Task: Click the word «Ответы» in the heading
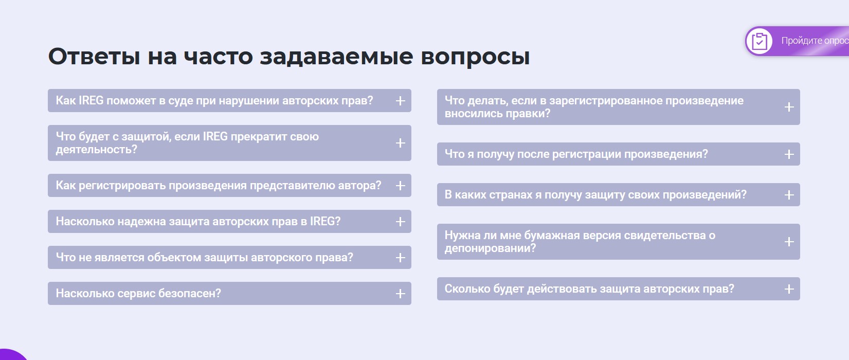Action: click(94, 57)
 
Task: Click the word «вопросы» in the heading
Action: click(475, 58)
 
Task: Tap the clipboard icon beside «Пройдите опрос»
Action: click(760, 41)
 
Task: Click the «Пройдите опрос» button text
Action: click(815, 41)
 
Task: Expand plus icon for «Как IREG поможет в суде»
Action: click(400, 101)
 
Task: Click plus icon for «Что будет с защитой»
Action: click(400, 143)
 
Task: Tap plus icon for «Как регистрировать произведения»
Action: click(400, 186)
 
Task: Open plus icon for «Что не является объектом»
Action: click(400, 258)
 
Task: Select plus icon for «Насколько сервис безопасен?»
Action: click(400, 294)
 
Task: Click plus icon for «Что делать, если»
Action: click(789, 107)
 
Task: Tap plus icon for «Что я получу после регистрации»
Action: click(789, 154)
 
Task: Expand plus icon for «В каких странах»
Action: click(789, 195)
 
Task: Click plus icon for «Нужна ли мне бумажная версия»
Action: click(789, 242)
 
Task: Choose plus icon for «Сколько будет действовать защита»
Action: click(789, 289)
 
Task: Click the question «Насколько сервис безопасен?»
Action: click(138, 293)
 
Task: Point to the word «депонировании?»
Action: click(491, 248)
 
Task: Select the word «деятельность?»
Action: click(96, 150)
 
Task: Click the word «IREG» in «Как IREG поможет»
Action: click(91, 100)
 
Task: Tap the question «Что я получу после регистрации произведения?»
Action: click(576, 154)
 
